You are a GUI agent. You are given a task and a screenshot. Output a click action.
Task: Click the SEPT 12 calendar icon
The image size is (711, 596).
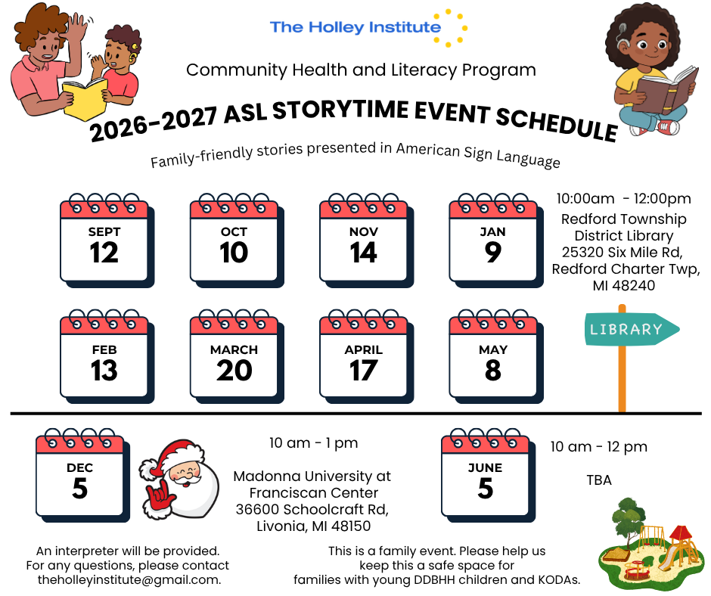[107, 241]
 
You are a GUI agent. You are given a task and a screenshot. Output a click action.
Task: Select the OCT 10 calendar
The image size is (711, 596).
[237, 241]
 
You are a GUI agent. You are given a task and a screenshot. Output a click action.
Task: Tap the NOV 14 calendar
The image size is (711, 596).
[366, 241]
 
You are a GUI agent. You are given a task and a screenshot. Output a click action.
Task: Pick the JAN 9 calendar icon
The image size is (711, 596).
[496, 241]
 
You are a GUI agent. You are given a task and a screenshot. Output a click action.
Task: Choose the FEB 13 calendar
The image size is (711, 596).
[107, 357]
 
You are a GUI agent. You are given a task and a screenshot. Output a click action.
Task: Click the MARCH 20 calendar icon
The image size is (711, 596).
[237, 357]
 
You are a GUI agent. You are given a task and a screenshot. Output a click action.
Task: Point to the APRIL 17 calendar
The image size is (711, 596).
[366, 357]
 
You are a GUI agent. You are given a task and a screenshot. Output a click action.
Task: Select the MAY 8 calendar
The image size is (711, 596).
[496, 357]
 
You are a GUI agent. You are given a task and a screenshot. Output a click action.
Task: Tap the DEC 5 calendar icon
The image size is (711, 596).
[82, 475]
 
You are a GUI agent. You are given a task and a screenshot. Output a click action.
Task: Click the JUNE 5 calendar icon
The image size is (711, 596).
[488, 475]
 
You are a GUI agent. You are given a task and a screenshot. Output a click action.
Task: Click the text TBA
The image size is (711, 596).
[599, 480]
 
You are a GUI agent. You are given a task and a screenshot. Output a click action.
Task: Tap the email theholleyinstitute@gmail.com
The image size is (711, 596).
[129, 579]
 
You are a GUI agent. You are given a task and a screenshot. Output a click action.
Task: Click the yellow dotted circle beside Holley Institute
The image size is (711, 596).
[451, 27]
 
